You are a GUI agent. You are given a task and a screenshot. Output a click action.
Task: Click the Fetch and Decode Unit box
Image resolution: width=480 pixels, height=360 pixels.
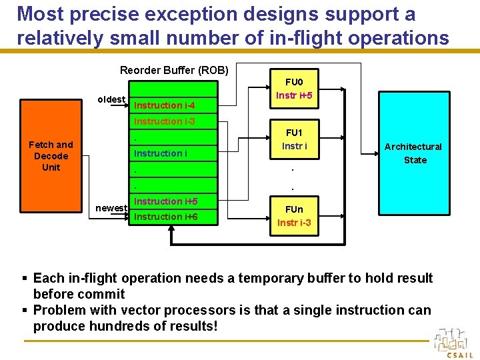click(51, 156)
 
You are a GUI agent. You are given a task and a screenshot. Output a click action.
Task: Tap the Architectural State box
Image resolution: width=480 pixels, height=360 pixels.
click(414, 153)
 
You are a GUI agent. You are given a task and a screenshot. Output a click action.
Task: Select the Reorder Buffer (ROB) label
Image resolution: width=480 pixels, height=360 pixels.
click(174, 70)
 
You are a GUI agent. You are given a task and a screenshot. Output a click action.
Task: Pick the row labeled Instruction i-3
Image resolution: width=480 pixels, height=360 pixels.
click(173, 121)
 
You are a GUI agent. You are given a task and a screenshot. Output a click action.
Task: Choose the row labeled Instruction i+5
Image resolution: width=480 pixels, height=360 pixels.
click(173, 201)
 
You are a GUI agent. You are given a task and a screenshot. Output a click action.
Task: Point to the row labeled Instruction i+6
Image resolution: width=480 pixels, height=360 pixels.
click(173, 217)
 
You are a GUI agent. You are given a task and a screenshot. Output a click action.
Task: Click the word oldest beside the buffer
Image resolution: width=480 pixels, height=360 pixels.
click(111, 99)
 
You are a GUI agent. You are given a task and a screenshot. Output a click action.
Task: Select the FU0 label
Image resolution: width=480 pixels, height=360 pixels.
click(294, 82)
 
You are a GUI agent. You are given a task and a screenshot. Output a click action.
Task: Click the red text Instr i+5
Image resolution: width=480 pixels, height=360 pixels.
click(294, 95)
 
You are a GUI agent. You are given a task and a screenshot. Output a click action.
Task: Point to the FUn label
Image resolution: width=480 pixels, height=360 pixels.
click(293, 209)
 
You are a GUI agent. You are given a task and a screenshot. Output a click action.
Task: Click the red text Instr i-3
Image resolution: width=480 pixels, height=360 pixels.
click(294, 223)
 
